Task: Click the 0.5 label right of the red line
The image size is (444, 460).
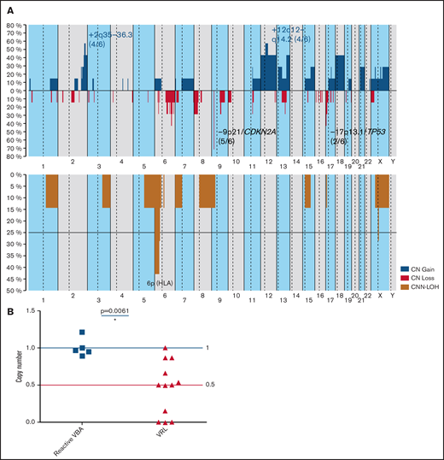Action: pyautogui.click(x=208, y=385)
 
